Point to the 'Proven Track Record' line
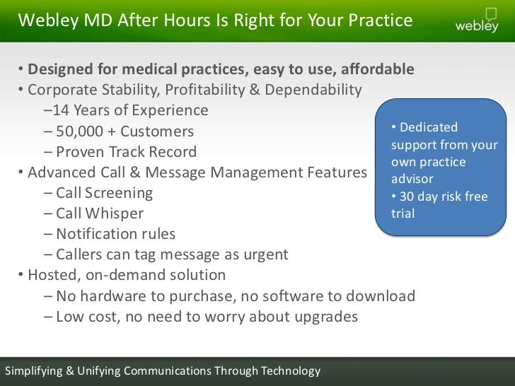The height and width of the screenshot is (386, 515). point(126,152)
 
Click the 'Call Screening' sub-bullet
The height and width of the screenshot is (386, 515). point(104,193)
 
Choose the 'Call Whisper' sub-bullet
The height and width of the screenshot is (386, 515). point(100,214)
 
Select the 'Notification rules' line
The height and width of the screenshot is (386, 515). point(115,234)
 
